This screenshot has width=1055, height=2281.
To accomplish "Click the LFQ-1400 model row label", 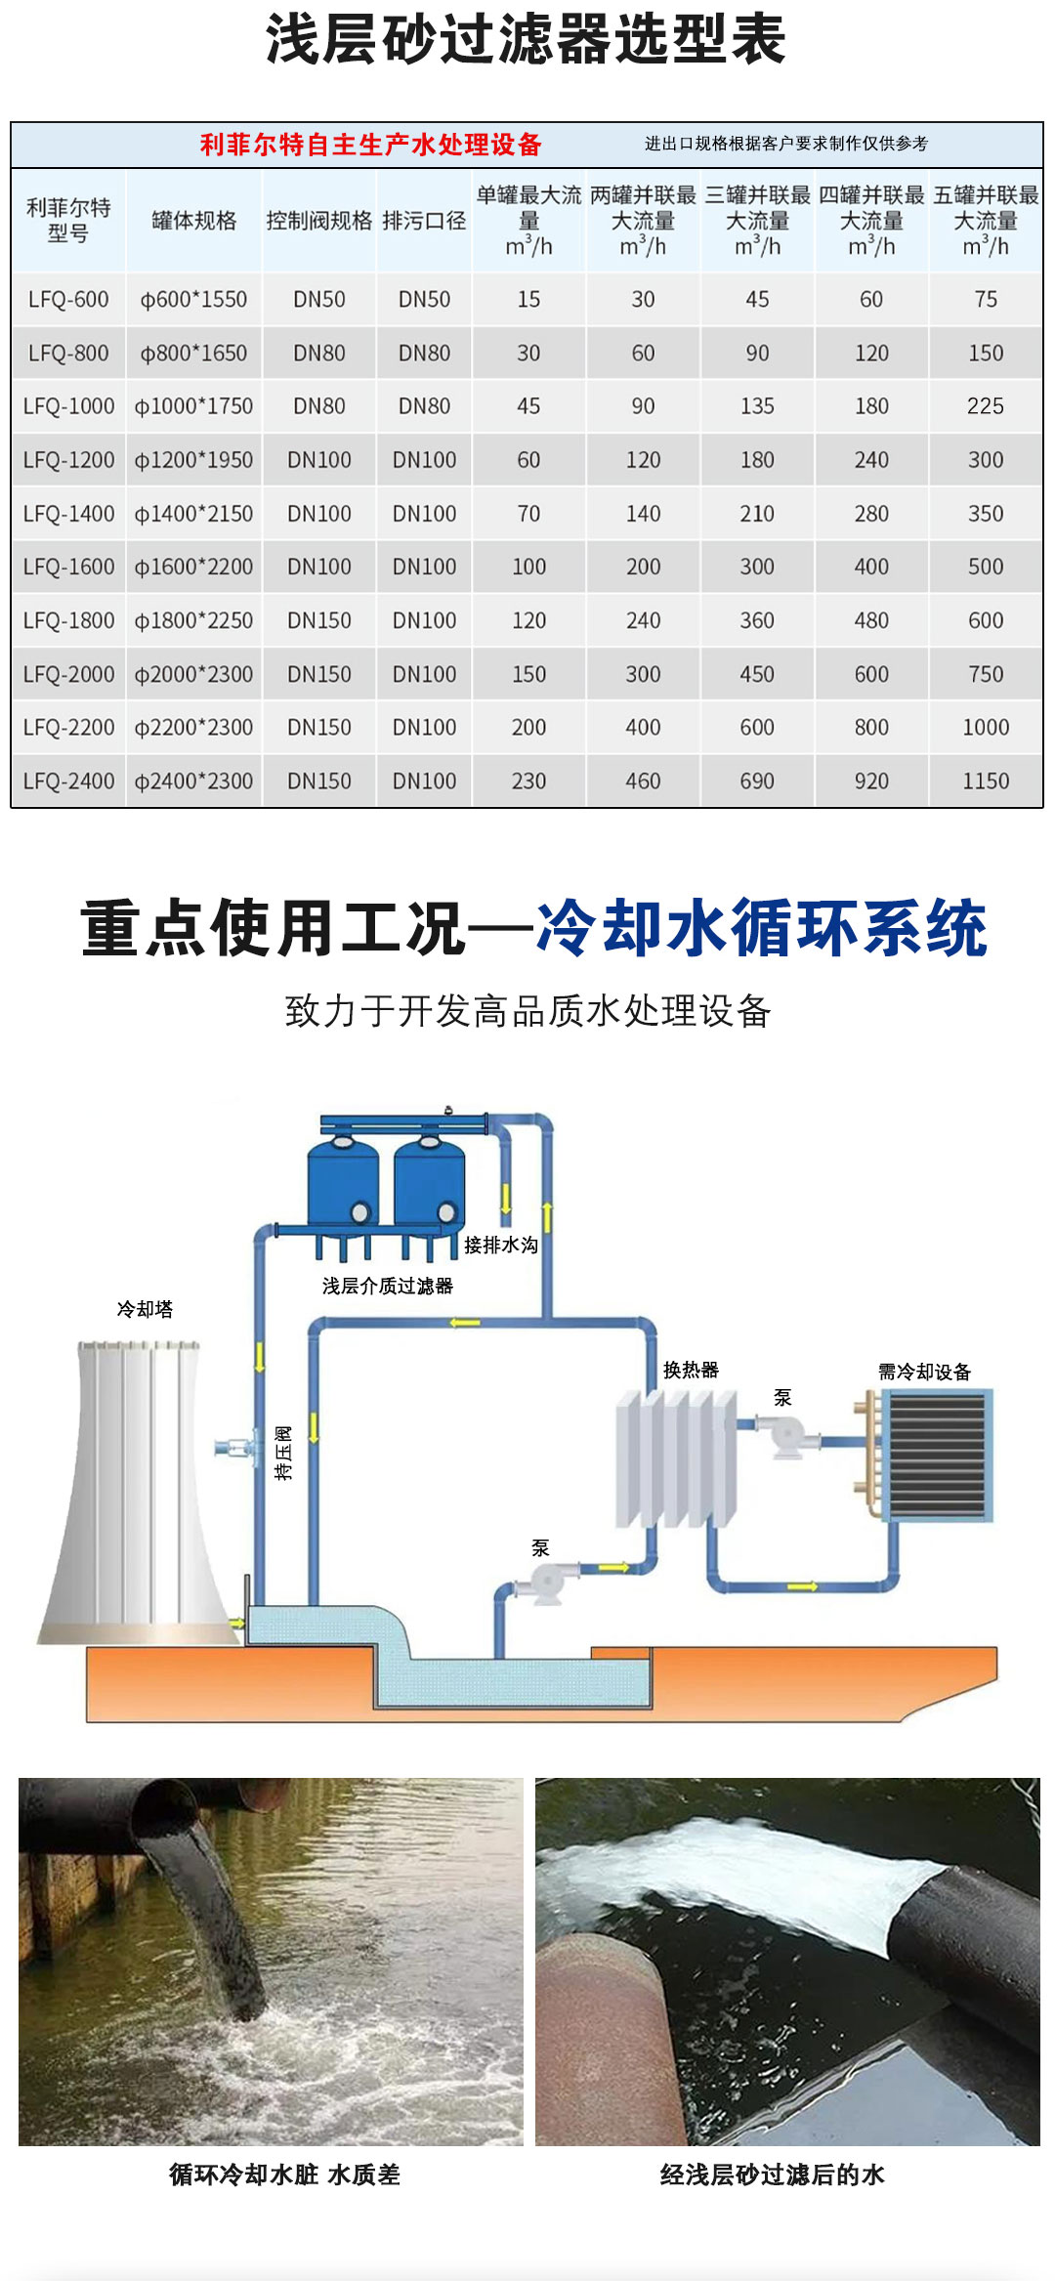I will click(68, 514).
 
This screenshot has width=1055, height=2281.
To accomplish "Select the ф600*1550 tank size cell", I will click(193, 300).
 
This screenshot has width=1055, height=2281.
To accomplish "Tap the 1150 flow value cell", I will click(986, 781).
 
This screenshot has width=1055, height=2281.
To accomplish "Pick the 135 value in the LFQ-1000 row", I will click(757, 406).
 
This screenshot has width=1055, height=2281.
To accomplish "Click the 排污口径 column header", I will click(424, 221).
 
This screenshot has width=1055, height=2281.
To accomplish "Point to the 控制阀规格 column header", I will click(319, 221).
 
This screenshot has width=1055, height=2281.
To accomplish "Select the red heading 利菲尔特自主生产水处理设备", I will click(371, 145).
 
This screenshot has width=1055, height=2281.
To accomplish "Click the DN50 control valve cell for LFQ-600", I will click(319, 300).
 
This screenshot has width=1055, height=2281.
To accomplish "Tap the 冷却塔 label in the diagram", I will click(145, 1309).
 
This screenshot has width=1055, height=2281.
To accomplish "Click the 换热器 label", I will click(691, 1370).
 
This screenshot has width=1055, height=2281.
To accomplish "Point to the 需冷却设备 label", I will click(924, 1372).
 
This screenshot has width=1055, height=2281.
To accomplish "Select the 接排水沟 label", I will click(500, 1245).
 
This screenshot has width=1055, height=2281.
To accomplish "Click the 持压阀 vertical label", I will click(283, 1453).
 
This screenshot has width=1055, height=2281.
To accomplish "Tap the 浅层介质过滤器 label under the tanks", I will click(388, 1286).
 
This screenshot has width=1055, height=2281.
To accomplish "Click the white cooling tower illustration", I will click(137, 1495).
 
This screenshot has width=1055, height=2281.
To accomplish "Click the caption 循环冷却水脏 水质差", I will click(284, 2175).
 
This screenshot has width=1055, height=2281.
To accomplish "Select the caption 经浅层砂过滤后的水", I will click(772, 2175).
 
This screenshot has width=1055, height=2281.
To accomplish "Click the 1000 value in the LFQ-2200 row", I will click(986, 728).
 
